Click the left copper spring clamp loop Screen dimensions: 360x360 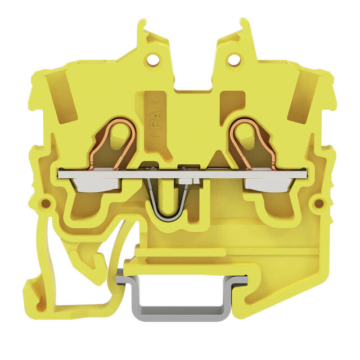[112, 142]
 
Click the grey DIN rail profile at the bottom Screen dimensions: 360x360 [181, 296]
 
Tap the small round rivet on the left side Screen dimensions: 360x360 [46, 203]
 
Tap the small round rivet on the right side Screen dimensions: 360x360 [319, 203]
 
